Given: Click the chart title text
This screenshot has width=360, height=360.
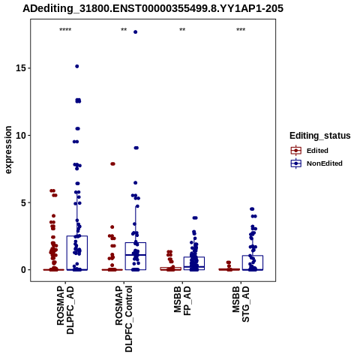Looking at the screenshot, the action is [x=153, y=8].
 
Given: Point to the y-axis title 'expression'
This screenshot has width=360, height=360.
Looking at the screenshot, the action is [x=8, y=150].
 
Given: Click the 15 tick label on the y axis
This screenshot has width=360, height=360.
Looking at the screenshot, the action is [x=21, y=68].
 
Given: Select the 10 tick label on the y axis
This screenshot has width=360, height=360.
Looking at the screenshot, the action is [x=21, y=135].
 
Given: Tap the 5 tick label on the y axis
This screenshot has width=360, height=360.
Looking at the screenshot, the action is [x=24, y=202].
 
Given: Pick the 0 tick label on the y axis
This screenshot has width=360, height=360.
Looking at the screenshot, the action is [x=24, y=270].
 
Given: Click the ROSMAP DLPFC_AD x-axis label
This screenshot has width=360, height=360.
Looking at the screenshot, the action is [x=65, y=310].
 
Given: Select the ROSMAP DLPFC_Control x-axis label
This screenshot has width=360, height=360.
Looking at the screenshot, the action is [x=124, y=319].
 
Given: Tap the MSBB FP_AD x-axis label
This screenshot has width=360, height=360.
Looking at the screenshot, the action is [x=182, y=301].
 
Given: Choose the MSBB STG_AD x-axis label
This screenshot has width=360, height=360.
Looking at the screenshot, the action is [x=241, y=304].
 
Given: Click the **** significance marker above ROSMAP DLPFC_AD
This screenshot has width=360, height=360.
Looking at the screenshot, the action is [x=65, y=30].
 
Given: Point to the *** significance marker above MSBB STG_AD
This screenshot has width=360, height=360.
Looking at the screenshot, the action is [x=241, y=30].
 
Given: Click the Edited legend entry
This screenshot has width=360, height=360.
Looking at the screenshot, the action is [x=309, y=151].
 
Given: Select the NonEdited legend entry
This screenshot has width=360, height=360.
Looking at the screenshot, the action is [x=316, y=163].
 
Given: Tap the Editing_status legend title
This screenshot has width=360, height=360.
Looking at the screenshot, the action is [x=320, y=136].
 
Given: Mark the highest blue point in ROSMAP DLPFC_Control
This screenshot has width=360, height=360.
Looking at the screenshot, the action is [x=136, y=32].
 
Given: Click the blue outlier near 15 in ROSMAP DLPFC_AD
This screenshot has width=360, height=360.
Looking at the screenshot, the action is [x=77, y=66].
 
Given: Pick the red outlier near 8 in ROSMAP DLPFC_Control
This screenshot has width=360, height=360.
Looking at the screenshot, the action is [x=112, y=163].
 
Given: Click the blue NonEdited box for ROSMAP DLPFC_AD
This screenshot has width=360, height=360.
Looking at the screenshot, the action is [x=77, y=236].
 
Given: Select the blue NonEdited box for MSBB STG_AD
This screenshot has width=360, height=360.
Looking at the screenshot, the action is [x=253, y=256].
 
